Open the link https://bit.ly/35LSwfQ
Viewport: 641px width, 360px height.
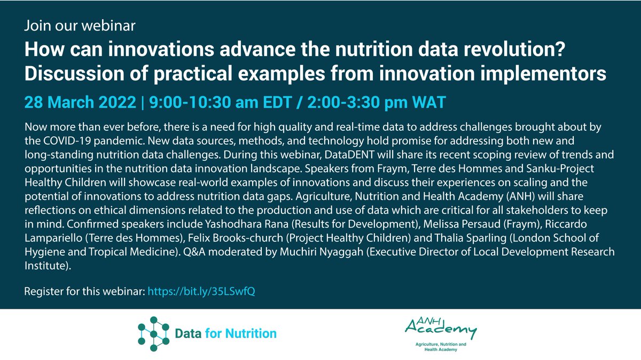[x=205, y=292]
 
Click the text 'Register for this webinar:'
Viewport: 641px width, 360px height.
[x=84, y=292]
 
